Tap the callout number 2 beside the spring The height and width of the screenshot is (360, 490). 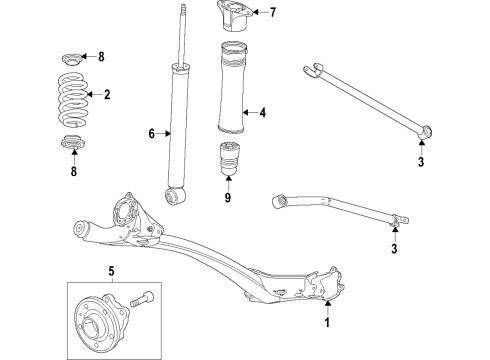106,96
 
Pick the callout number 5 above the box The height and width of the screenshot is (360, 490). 111,270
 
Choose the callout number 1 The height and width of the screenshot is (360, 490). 325,322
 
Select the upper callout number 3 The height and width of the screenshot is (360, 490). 421,161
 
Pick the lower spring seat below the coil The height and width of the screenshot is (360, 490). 72,143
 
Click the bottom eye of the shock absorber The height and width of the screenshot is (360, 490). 177,194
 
